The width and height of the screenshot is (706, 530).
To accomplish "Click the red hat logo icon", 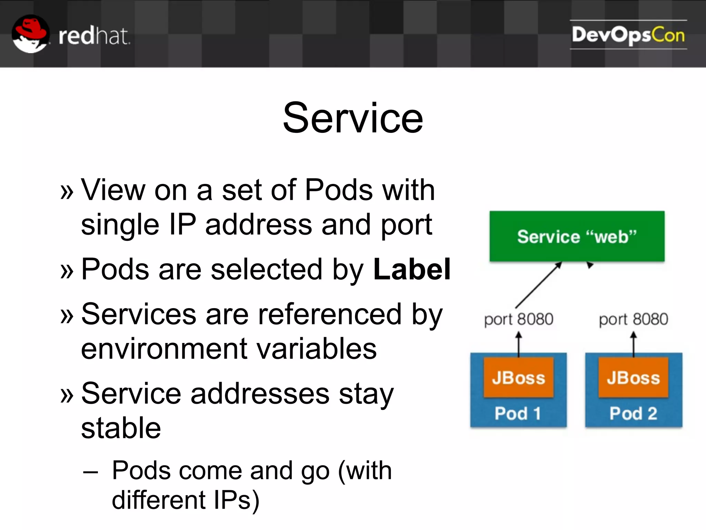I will point(30,33).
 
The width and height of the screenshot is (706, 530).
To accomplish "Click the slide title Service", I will point(353,118).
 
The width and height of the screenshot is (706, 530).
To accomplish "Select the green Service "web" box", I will point(577,236).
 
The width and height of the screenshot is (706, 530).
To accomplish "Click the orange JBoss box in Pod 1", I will point(518,377).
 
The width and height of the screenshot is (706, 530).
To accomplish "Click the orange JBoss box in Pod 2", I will point(633,377).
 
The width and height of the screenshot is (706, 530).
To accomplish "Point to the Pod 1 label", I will point(518,413).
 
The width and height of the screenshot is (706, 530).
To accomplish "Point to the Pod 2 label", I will point(633,413).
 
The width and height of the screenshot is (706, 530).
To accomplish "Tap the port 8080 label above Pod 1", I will point(518,319).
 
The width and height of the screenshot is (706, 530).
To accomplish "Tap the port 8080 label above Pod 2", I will point(633,319).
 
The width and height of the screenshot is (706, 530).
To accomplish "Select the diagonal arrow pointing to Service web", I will point(538,285).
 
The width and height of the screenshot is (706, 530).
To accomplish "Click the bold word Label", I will point(412,269).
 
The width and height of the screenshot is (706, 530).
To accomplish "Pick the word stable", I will point(121,428).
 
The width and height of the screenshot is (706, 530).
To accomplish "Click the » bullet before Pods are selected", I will point(67,271).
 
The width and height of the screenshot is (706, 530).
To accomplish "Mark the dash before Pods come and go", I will point(91,472).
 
